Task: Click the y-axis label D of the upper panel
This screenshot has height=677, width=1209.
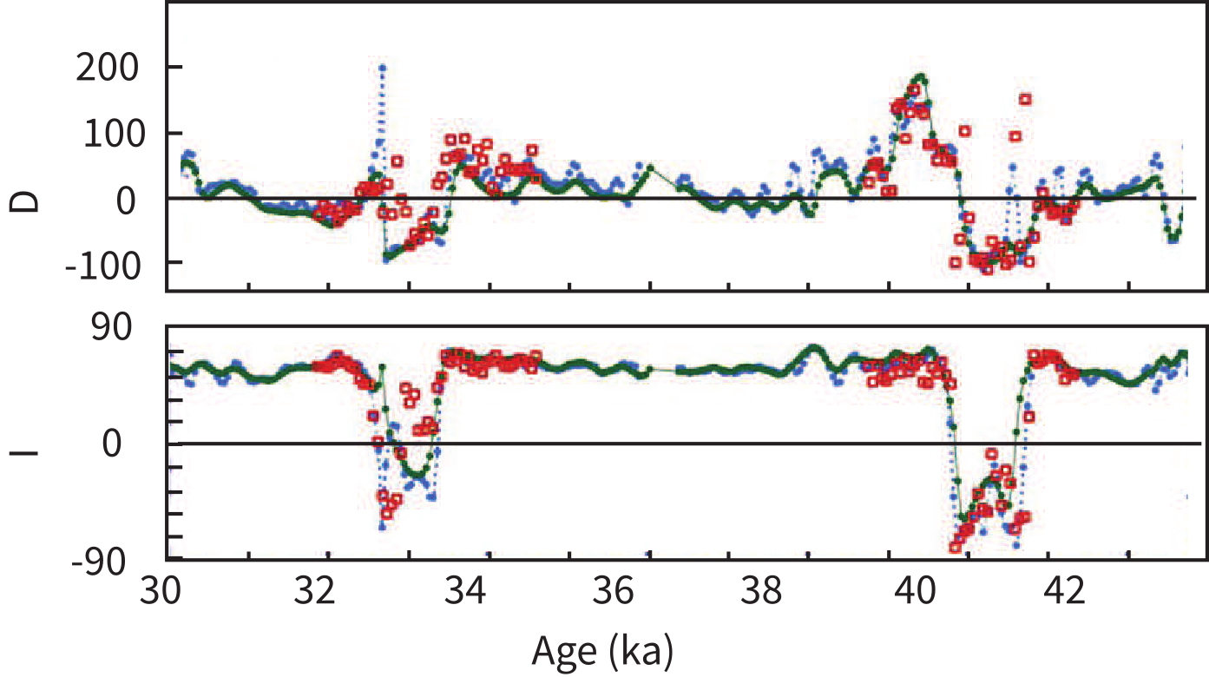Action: click(x=28, y=200)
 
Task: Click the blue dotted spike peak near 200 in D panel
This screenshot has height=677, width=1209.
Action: click(x=382, y=67)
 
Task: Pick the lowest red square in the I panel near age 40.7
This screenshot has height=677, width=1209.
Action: click(x=956, y=547)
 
